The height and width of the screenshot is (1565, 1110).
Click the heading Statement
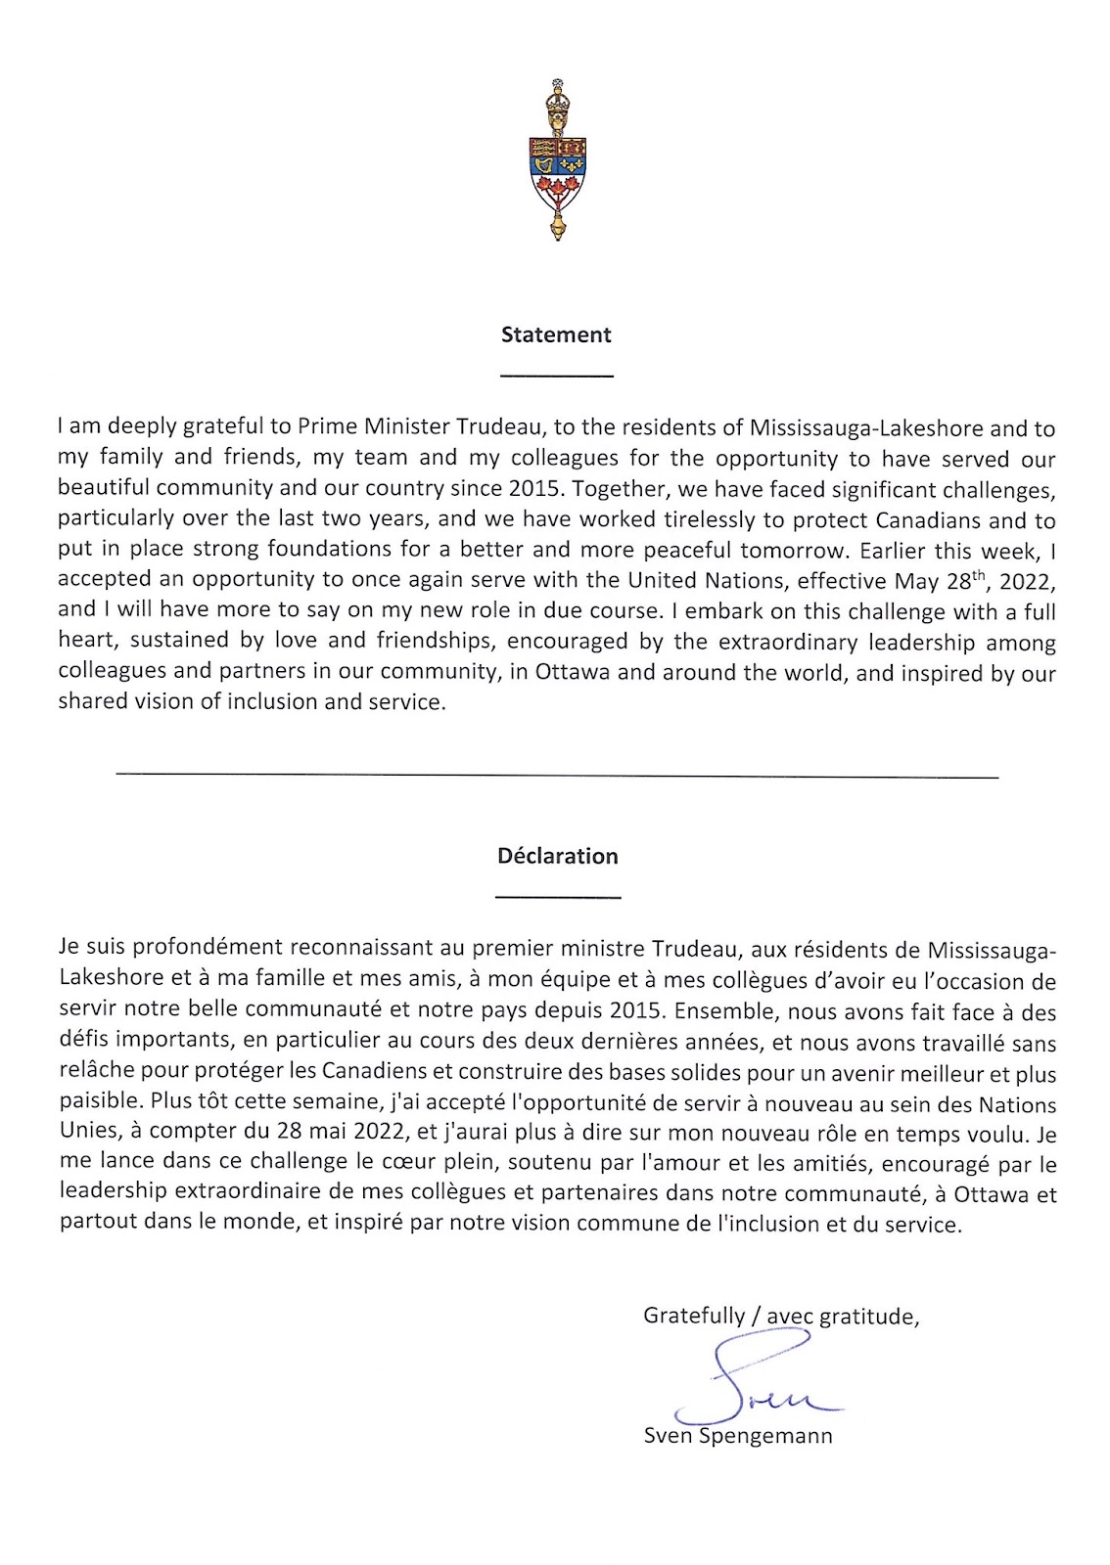tap(556, 335)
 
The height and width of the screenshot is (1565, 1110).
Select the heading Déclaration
tap(558, 856)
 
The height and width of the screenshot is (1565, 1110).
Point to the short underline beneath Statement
tap(556, 376)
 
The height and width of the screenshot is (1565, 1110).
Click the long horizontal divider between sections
tap(556, 777)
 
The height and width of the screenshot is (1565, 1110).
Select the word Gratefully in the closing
tap(694, 1316)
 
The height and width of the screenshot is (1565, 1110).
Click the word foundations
tap(327, 550)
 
